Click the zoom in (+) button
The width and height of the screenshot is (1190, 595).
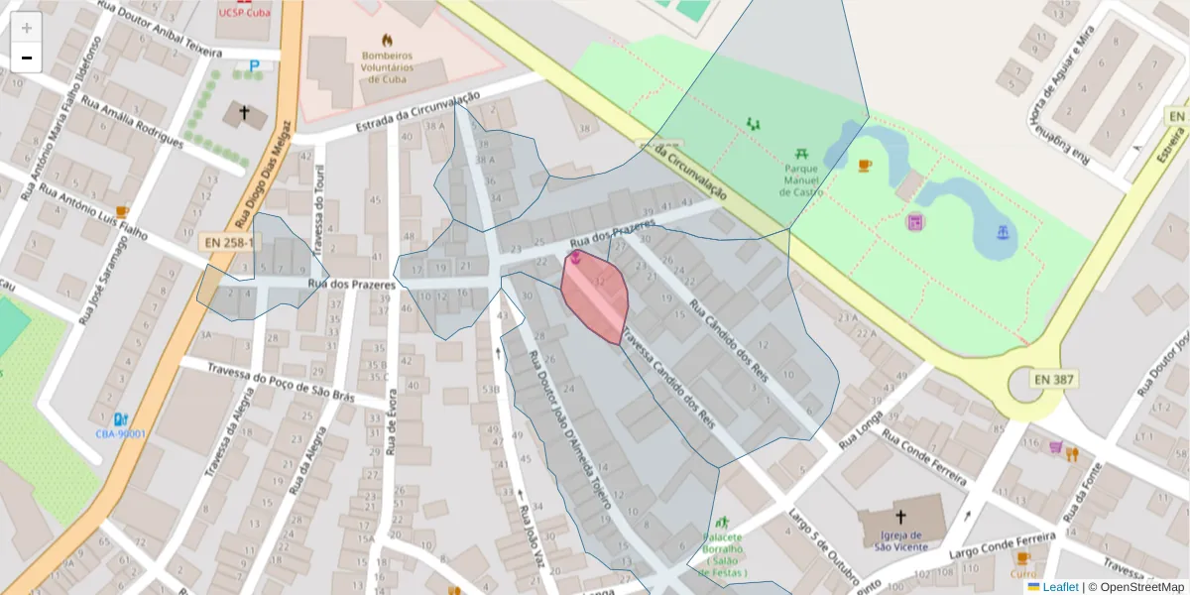[27, 28]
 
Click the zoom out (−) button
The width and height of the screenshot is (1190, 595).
[27, 58]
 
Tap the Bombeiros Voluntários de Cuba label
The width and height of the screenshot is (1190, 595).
[387, 67]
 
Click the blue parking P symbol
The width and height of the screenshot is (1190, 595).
[254, 66]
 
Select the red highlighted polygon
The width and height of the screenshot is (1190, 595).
[595, 296]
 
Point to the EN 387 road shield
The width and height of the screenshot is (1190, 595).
[1055, 379]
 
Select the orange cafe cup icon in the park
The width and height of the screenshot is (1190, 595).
[865, 166]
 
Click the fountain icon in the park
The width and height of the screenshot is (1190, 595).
[1004, 232]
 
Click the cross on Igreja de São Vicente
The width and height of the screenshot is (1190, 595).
[900, 517]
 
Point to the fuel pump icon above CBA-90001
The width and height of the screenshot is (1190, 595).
[121, 418]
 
